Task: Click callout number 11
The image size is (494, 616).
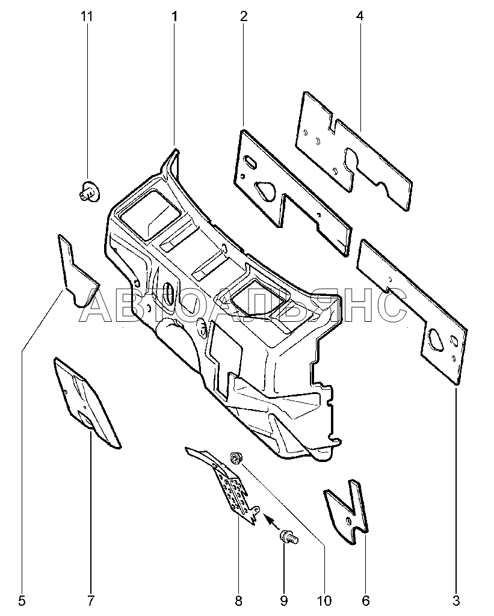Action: [x=87, y=16]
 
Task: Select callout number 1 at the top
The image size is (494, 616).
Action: [x=174, y=16]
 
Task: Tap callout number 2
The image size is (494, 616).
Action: [x=244, y=16]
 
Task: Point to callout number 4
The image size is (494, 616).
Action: [x=359, y=16]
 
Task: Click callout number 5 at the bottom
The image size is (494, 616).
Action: [x=22, y=600]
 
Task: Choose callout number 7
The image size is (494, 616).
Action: [x=91, y=600]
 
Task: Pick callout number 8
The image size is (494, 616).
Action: [x=238, y=600]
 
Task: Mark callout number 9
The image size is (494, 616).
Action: [x=283, y=600]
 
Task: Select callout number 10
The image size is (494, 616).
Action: [x=324, y=600]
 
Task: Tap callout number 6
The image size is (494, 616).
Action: [x=365, y=600]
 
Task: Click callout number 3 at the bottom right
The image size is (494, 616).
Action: [x=455, y=600]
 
